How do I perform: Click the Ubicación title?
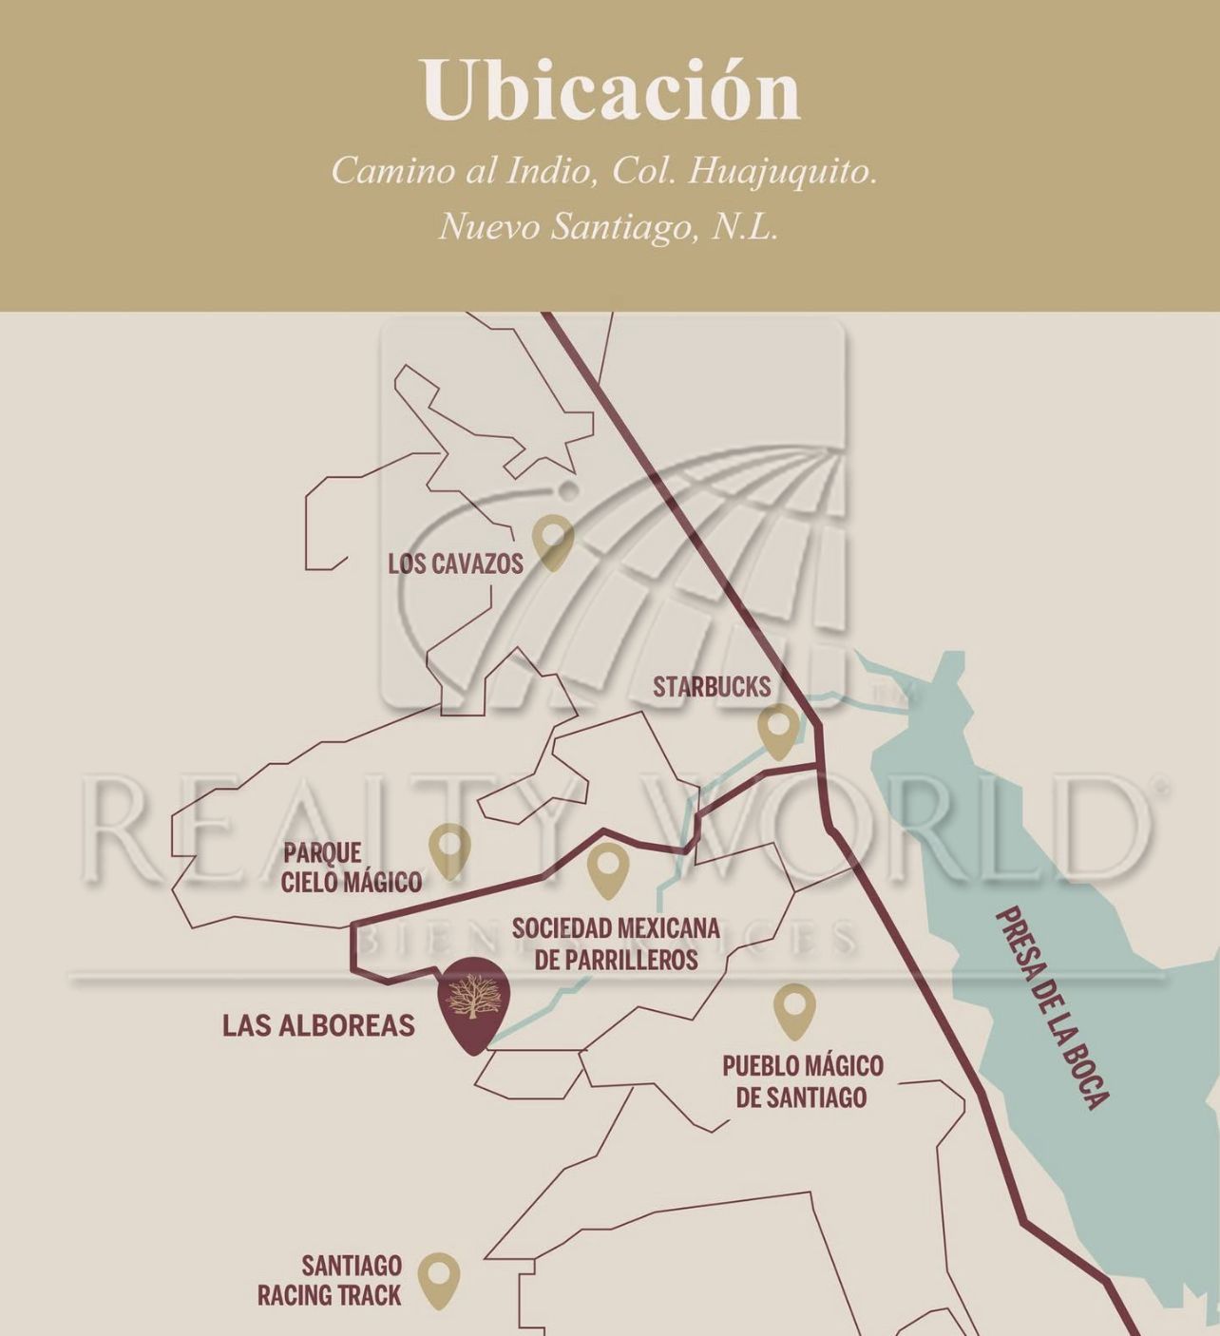coord(611,90)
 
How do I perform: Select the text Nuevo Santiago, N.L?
coord(608,227)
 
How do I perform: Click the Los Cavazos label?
coord(455,563)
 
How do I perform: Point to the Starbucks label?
coord(712,687)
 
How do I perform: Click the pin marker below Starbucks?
coord(778,731)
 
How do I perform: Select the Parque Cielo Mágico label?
coord(352,868)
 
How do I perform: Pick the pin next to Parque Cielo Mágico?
coord(449,849)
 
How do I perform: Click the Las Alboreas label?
coord(318,1025)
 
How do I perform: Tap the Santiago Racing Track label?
coord(330,1280)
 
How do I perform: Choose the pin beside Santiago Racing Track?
coord(439,1280)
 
